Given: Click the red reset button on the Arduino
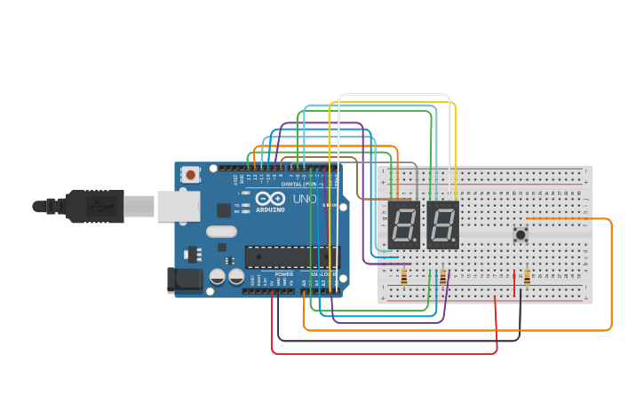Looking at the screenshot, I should pyautogui.click(x=190, y=175).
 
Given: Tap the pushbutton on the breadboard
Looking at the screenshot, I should pyautogui.click(x=521, y=234).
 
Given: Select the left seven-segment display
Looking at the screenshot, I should pyautogui.click(x=403, y=225).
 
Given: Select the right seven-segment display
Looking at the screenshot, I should pyautogui.click(x=442, y=225).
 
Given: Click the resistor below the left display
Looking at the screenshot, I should pyautogui.click(x=405, y=278).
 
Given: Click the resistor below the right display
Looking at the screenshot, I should pyautogui.click(x=442, y=278).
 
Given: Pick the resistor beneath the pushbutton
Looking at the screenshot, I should pyautogui.click(x=527, y=278).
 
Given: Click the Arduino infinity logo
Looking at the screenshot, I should pyautogui.click(x=269, y=199).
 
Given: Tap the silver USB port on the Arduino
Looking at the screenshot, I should pyautogui.click(x=179, y=206).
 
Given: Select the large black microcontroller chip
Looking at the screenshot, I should pyautogui.click(x=292, y=256).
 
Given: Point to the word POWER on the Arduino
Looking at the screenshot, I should pyautogui.click(x=284, y=274).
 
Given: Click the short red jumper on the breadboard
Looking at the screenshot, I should pyautogui.click(x=513, y=283).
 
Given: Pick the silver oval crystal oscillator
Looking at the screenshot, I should pyautogui.click(x=221, y=232).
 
